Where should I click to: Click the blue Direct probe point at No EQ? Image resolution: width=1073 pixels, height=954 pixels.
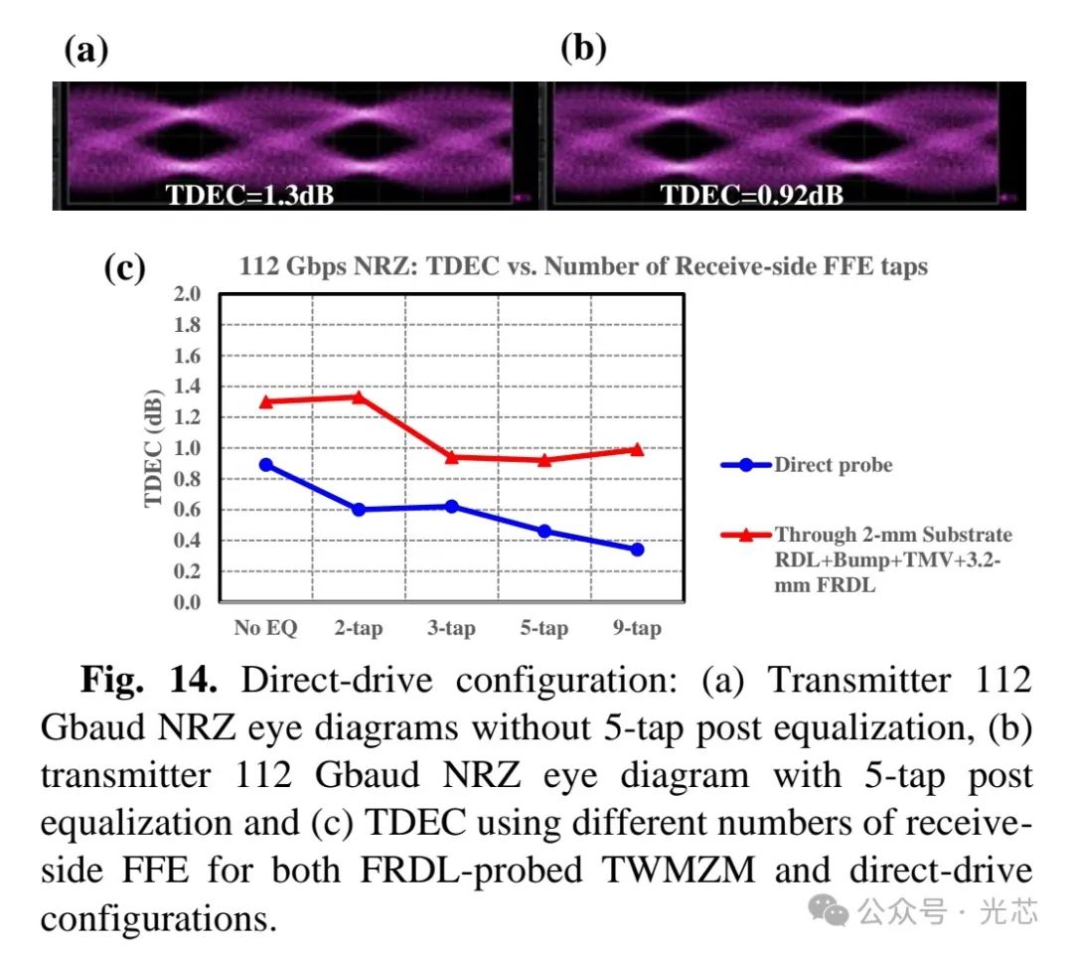[x=265, y=464]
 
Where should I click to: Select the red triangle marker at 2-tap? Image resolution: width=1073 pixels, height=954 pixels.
[x=358, y=397]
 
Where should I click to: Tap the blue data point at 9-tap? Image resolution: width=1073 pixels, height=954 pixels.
[x=637, y=549]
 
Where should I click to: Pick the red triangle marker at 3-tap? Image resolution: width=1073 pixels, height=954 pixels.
[x=451, y=457]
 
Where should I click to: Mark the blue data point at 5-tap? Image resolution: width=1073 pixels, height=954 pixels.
[x=544, y=531]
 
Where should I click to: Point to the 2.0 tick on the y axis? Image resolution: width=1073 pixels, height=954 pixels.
[x=188, y=294]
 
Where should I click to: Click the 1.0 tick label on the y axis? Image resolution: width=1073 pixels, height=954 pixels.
[x=188, y=448]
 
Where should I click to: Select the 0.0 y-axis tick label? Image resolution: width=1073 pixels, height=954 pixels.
[x=188, y=602]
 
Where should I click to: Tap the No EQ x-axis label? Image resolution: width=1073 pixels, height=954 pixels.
[x=265, y=628]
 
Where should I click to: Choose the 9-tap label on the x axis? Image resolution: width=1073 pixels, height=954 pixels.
[x=637, y=628]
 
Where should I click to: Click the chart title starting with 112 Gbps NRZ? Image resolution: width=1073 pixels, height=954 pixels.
[x=583, y=266]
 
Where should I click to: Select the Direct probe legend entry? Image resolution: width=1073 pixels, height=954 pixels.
[x=833, y=464]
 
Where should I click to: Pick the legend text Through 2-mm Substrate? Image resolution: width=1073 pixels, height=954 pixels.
[x=893, y=535]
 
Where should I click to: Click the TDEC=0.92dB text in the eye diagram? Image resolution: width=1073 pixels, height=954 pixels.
[x=752, y=195]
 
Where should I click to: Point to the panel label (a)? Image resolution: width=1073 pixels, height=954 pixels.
[x=85, y=50]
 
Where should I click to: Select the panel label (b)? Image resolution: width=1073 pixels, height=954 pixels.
[x=583, y=48]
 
